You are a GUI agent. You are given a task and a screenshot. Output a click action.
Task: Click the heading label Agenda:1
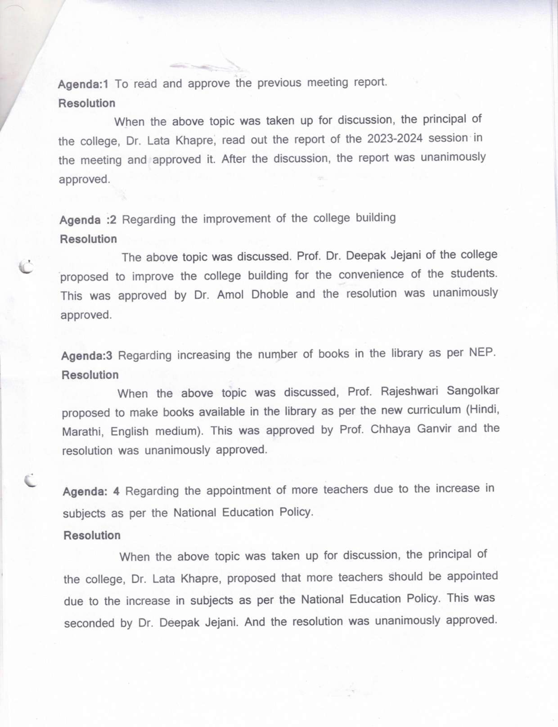click(83, 84)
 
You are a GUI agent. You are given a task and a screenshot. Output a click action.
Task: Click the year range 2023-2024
click(395, 139)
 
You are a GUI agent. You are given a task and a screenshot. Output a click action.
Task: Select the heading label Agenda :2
click(88, 220)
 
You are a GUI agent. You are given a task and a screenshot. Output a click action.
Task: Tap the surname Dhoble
click(269, 294)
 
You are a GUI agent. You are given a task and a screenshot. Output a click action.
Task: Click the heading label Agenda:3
click(87, 356)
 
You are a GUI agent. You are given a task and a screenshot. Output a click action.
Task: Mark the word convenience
click(371, 275)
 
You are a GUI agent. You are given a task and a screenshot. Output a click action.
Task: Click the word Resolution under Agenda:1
click(87, 103)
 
